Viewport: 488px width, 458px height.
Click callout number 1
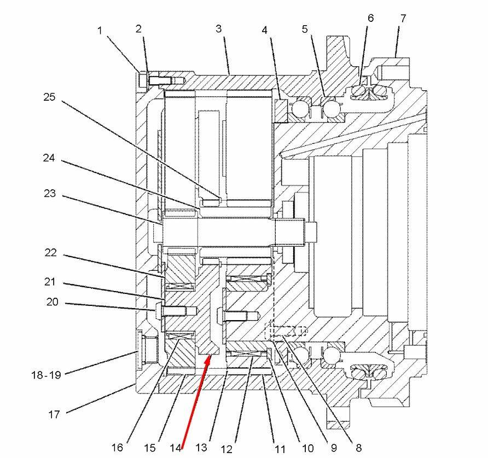pos(100,31)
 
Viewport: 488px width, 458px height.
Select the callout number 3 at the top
pos(218,28)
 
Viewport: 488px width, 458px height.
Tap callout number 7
pos(403,18)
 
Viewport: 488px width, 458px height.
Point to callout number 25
pos(50,97)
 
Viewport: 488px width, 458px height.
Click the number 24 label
pos(50,158)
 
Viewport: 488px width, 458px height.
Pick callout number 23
pos(50,193)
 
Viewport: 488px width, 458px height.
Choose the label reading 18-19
pos(46,375)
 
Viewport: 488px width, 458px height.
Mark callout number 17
pos(54,414)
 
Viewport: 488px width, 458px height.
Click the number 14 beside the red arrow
pos(175,447)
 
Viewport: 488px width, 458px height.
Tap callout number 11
pos(280,449)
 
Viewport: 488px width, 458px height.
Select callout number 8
pos(358,448)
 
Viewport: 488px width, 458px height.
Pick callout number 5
pos(305,30)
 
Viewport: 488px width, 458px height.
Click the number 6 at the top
pos(370,18)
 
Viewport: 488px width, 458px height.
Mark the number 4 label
pos(264,30)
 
